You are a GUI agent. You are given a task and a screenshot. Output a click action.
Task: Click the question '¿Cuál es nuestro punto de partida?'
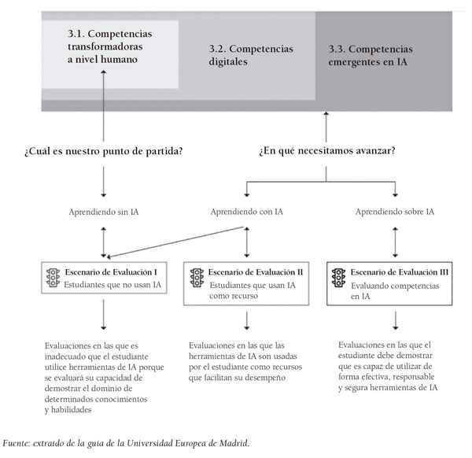(104, 150)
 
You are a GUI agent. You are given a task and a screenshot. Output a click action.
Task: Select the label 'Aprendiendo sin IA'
(104, 212)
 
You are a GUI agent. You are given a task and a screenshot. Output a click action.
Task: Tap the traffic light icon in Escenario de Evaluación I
(54, 278)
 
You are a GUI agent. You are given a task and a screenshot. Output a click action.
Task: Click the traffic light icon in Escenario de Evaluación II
(196, 278)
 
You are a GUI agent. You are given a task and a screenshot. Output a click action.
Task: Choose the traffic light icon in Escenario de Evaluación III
(340, 278)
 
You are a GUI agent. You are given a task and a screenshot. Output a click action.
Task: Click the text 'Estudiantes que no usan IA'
(112, 285)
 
